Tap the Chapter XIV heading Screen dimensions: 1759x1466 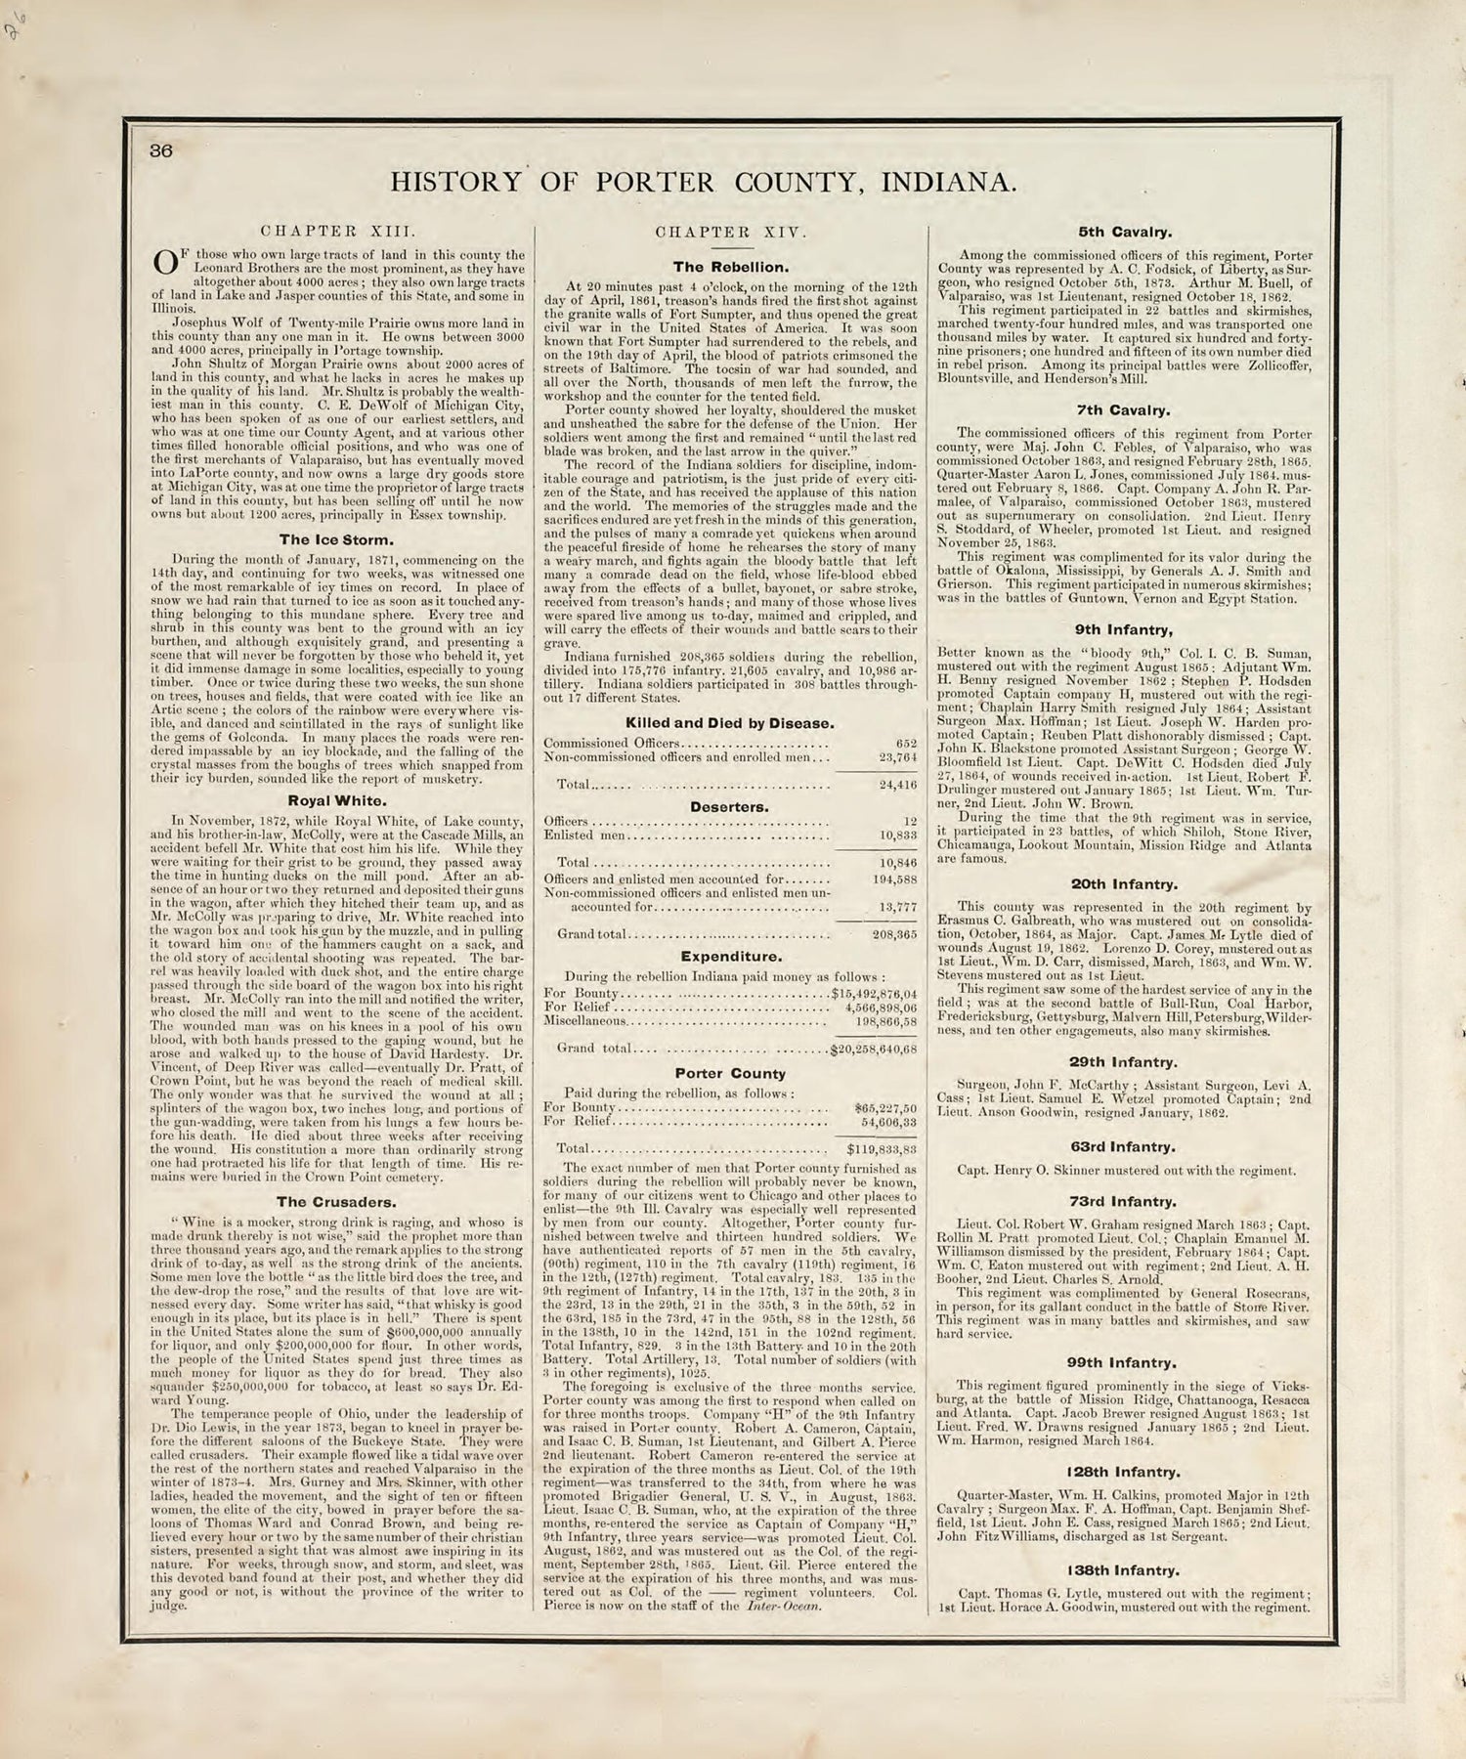pos(730,233)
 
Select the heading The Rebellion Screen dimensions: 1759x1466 pos(730,266)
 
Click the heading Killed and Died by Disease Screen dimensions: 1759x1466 pos(730,723)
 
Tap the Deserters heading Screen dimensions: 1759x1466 pos(730,807)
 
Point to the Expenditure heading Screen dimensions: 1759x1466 pos(730,956)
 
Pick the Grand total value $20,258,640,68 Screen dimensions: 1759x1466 pos(872,1050)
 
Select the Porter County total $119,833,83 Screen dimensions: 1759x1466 pos(876,1149)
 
